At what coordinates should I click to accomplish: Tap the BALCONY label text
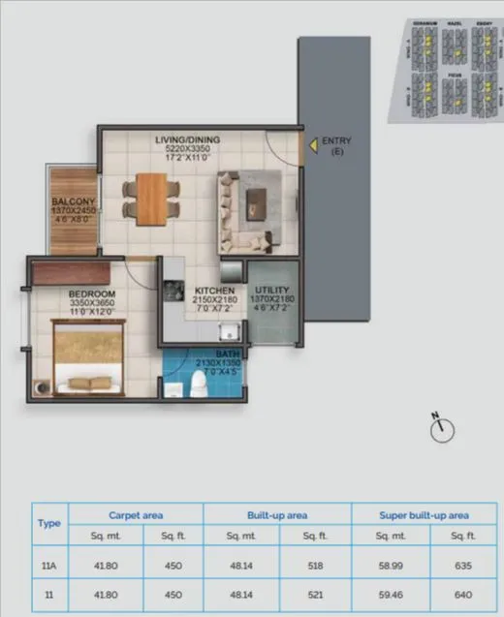[74, 203]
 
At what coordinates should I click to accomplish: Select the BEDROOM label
[93, 293]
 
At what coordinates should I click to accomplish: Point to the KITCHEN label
[215, 291]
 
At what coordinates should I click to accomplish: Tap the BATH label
[229, 355]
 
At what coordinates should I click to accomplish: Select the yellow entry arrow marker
[312, 148]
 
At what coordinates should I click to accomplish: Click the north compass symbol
[441, 426]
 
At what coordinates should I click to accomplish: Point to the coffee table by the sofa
[259, 201]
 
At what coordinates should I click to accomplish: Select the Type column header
[48, 522]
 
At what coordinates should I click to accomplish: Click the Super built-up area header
[423, 515]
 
